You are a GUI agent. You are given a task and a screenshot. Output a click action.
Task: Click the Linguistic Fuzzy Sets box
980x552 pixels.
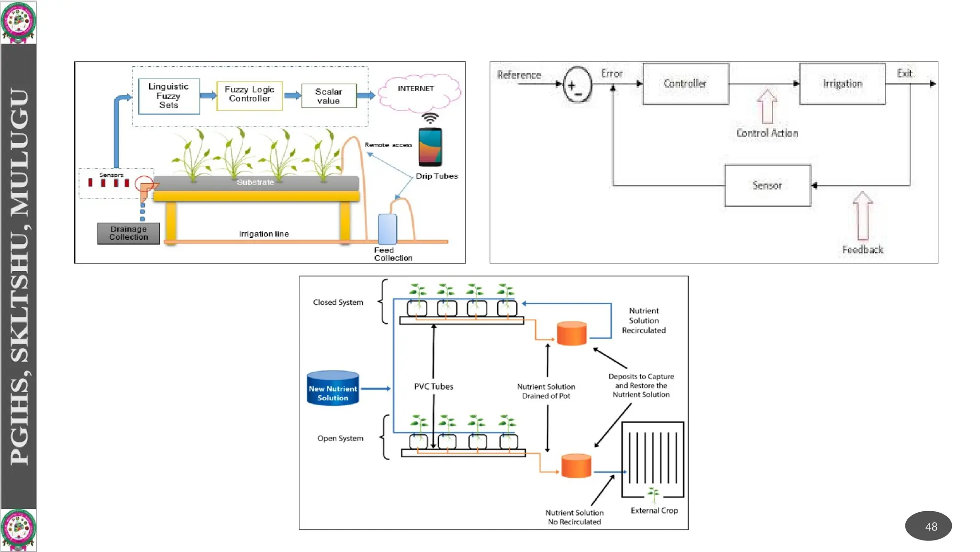click(168, 96)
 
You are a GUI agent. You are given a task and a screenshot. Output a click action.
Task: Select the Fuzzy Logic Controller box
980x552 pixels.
click(249, 95)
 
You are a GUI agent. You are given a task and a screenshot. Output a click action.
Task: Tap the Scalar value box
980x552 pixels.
click(329, 96)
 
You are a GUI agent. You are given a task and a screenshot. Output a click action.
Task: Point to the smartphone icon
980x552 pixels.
click(430, 147)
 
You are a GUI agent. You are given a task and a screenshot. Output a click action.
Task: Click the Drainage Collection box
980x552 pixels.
click(128, 233)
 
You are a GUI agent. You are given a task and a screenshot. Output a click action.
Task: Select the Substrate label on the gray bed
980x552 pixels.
click(255, 182)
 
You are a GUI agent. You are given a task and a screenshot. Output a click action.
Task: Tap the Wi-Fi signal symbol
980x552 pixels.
click(430, 118)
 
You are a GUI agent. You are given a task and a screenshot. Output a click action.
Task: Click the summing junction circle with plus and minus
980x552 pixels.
click(577, 85)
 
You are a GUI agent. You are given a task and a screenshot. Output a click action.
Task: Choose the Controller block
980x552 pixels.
click(685, 84)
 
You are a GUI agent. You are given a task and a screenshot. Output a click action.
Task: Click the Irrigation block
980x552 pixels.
click(842, 84)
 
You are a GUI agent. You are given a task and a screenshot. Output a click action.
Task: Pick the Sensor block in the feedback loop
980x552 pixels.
click(767, 185)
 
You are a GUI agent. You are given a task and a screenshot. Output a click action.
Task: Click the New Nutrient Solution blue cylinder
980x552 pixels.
click(333, 389)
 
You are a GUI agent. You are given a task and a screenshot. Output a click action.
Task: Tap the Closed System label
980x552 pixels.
click(338, 302)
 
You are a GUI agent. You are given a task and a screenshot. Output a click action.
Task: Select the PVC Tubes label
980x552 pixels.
click(434, 387)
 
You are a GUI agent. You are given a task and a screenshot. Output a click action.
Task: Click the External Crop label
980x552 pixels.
click(654, 511)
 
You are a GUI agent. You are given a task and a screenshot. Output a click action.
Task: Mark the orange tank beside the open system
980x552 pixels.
click(576, 466)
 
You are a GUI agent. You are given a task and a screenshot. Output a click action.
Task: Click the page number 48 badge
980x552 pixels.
click(928, 526)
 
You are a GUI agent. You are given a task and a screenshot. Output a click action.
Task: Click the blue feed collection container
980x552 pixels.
click(387, 229)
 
